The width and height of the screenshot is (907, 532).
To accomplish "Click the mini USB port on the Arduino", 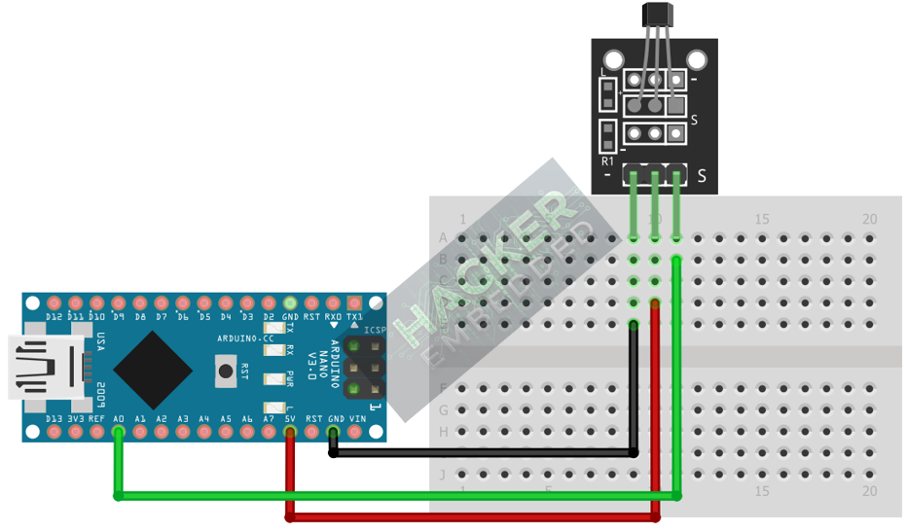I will pyautogui.click(x=39, y=367).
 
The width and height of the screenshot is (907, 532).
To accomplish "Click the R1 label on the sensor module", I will pyautogui.click(x=608, y=161).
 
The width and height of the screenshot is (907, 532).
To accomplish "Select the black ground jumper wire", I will pyautogui.click(x=487, y=452).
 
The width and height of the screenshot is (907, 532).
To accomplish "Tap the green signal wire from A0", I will pyautogui.click(x=389, y=496).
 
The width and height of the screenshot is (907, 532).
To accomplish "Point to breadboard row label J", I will pyautogui.click(x=444, y=474).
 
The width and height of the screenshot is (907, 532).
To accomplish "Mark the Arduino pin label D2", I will pyautogui.click(x=269, y=317).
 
